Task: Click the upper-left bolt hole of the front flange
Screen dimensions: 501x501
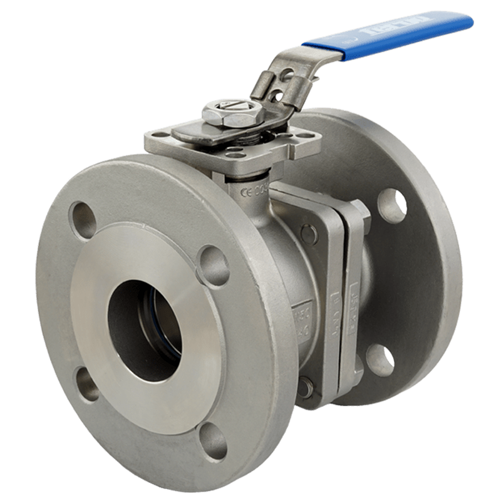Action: pos(83,220)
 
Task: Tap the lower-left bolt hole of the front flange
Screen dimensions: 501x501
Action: pos(87,383)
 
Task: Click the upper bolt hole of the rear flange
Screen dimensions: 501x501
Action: pos(392,205)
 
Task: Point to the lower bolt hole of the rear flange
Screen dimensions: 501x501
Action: pos(380,359)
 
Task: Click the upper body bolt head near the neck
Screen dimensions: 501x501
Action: pos(309,234)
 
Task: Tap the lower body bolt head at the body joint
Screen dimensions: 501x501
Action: pos(305,387)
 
